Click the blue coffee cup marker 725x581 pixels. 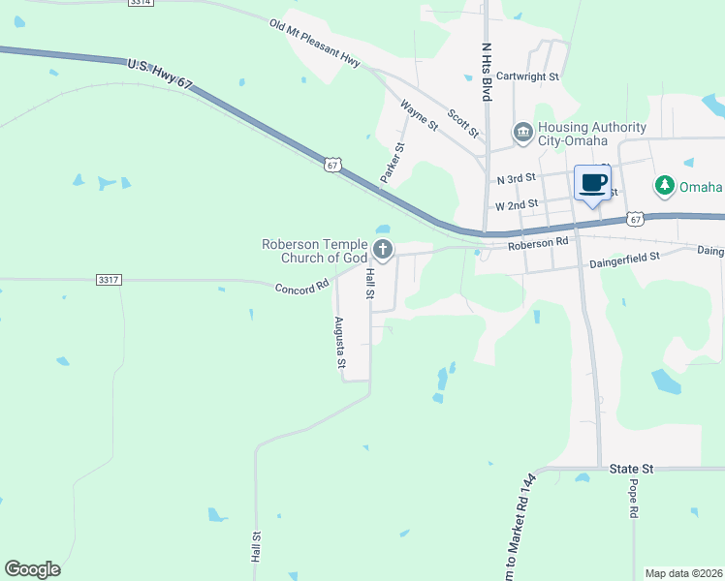coord(592,182)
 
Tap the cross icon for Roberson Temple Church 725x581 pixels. coord(383,251)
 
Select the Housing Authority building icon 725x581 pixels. coord(522,132)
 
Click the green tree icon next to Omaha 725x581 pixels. coord(665,185)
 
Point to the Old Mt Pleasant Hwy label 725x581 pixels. coord(315,43)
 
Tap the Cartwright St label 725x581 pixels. coord(528,76)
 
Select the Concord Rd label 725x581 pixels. coord(302,288)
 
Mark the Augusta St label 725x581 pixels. coord(339,343)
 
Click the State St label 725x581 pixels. coord(632,469)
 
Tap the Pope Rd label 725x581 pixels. coord(634,498)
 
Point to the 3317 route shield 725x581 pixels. coord(109,280)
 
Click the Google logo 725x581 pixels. coord(32,569)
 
